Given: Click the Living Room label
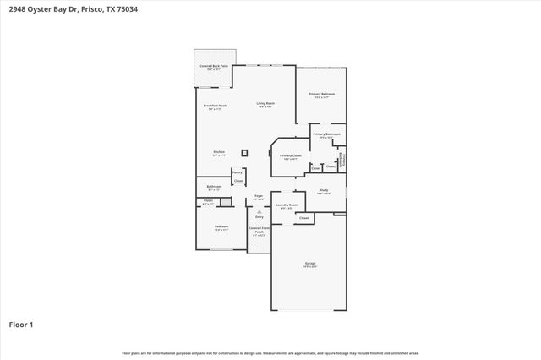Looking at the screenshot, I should pos(265,104).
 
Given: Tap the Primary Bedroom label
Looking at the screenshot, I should pos(321,94).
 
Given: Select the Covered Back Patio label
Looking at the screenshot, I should pos(214,66).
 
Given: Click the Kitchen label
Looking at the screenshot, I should pos(218,152).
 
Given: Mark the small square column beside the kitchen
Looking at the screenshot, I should pos(245,153).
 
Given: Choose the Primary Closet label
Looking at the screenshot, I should pos(291,155).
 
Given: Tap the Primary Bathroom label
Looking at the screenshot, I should pos(326,134).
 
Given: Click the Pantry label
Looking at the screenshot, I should pos(238,172).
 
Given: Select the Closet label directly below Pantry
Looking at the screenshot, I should pos(238,181).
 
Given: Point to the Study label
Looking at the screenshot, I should pos(324,190).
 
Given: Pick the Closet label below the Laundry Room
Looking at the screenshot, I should pos(303,218).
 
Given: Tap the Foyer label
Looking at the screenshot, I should pos(259,196).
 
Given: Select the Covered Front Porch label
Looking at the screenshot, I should pos(259,229).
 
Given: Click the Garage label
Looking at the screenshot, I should pos(310,264).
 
